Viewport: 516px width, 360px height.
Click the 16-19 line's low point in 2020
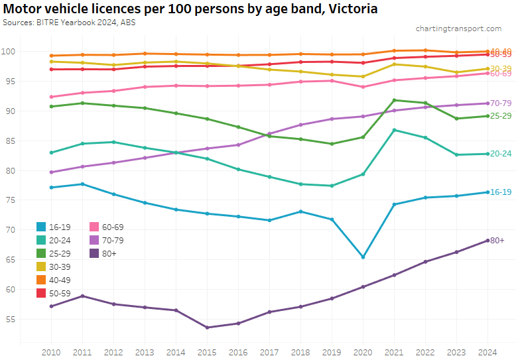(363, 257)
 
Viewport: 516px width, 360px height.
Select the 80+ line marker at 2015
(207, 328)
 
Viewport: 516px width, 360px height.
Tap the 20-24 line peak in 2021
(395, 130)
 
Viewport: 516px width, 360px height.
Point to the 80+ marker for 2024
(488, 240)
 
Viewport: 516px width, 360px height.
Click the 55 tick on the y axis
(9, 319)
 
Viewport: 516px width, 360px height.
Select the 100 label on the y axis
(7, 52)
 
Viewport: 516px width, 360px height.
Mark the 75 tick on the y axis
(9, 200)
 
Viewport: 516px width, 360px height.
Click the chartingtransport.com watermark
(458, 29)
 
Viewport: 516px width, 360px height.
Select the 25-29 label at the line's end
(501, 116)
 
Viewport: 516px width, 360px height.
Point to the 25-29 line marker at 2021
(395, 100)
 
